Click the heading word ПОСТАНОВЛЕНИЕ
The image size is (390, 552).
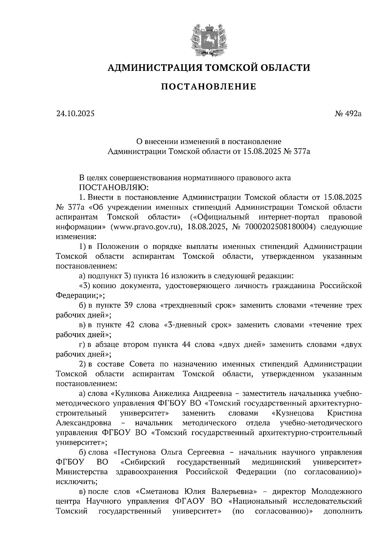[209, 87]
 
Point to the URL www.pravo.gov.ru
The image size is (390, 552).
[145, 227]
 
